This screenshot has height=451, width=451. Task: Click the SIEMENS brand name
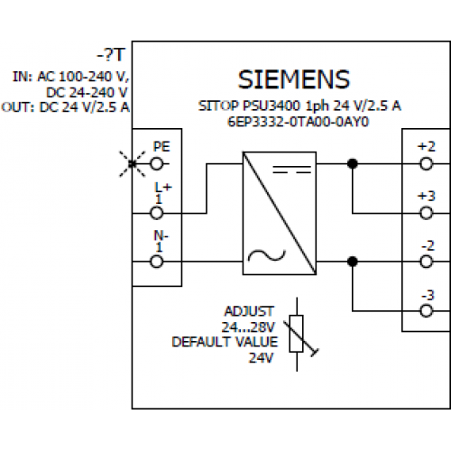pos(294,79)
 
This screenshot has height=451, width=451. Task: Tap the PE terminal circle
pos(157,164)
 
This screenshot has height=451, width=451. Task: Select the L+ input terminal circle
pos(157,213)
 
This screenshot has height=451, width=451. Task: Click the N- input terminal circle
pos(157,262)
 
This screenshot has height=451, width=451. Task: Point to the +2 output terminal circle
pos(427,164)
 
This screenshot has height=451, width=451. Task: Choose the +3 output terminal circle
pos(427,213)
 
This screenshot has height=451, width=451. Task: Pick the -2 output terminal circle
pos(427,262)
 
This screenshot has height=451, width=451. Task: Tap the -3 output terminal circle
pos(427,311)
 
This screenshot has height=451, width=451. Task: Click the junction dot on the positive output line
pos(353,164)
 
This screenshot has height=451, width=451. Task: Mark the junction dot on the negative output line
pos(353,262)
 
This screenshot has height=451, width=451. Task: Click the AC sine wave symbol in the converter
pos(266,255)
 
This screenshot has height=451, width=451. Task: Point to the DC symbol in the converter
pos(291,170)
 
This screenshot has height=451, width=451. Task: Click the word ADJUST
pos(249,311)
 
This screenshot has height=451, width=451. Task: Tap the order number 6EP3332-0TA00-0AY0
pos(298,122)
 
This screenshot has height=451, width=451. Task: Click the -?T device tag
pos(110,55)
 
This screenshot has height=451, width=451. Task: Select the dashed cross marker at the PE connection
pos(133,164)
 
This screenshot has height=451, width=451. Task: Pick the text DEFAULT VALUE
pos(225,342)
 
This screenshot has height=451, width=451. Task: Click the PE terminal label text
pos(161,146)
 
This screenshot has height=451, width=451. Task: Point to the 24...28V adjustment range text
pos(248,327)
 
